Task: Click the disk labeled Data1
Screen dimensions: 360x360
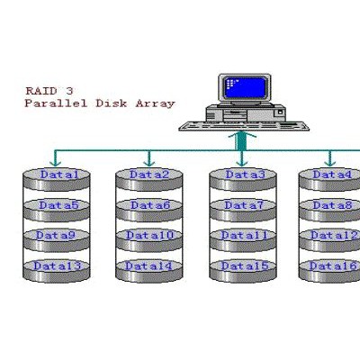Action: tap(57, 179)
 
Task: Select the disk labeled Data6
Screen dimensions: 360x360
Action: tap(149, 211)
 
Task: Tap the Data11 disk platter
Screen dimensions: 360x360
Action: tap(243, 240)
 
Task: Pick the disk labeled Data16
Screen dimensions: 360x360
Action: tap(329, 271)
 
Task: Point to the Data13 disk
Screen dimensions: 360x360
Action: tap(57, 271)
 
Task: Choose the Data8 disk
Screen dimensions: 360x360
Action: tap(329, 211)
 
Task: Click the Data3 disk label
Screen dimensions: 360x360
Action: tap(246, 175)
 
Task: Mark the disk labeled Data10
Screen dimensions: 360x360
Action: tap(149, 240)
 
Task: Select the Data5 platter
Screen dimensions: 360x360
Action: tap(57, 211)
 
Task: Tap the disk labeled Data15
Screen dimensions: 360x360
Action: tap(243, 271)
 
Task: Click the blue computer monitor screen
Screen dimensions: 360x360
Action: tap(246, 87)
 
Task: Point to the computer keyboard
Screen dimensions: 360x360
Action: tap(244, 126)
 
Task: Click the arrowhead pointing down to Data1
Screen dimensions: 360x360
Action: tap(55, 163)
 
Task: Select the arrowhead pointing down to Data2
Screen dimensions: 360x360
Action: tap(149, 163)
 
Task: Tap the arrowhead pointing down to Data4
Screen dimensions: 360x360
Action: tap(330, 163)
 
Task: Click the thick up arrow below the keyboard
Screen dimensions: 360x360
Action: tap(241, 141)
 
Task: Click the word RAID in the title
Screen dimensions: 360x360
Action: tap(41, 91)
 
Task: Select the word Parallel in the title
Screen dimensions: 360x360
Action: tap(56, 103)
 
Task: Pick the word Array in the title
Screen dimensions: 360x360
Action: tap(155, 104)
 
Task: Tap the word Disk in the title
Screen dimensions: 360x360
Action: tap(112, 103)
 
